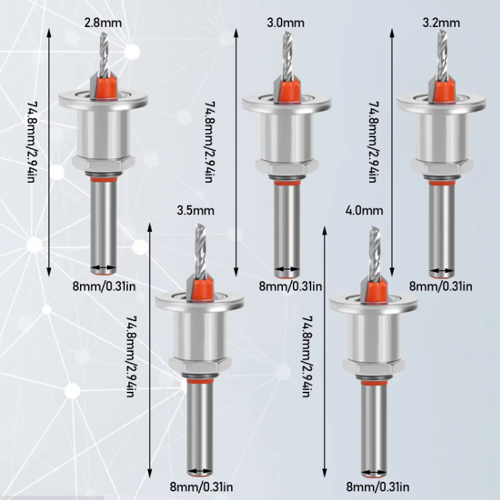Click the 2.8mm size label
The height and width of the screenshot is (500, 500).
point(103,23)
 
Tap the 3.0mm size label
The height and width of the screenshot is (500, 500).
point(286,23)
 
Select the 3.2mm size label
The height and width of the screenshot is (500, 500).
point(442,23)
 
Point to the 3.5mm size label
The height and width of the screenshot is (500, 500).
point(196,210)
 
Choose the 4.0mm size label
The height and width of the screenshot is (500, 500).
point(364,210)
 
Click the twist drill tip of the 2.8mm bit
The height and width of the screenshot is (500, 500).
point(104,54)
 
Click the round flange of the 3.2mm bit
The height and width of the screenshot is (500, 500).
point(442,103)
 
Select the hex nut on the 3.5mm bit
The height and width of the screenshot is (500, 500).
point(200,364)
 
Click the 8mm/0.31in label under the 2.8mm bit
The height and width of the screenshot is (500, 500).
point(104,286)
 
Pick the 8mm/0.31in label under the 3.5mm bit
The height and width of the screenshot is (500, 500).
point(201,487)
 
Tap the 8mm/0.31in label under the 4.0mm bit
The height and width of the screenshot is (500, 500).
point(378,487)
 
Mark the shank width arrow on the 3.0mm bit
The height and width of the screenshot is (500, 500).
point(287,269)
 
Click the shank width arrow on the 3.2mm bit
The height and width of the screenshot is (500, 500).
point(442,271)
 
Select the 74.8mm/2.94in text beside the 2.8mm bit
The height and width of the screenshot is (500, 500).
point(31,142)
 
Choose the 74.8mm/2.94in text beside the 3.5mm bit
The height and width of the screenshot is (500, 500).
point(131,356)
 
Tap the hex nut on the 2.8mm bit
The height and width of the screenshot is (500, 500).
point(103,163)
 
